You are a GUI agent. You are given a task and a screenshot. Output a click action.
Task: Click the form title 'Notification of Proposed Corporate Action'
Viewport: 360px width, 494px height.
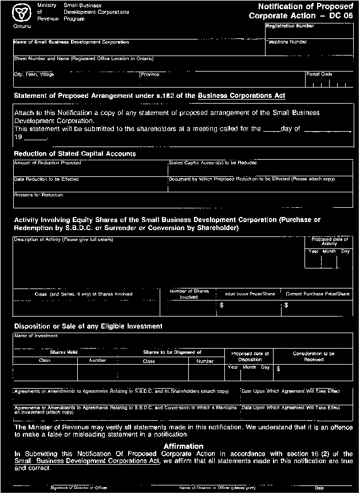(x=301, y=11)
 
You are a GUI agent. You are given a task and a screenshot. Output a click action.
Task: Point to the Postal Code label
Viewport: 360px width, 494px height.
(x=319, y=74)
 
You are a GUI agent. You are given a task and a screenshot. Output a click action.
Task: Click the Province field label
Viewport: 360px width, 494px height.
(x=150, y=74)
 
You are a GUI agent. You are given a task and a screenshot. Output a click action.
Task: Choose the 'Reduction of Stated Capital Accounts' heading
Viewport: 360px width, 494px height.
(x=75, y=154)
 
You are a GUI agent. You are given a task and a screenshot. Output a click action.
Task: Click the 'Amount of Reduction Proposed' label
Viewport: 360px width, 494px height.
(x=48, y=163)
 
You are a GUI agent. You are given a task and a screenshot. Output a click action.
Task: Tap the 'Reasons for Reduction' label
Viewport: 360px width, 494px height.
(x=38, y=195)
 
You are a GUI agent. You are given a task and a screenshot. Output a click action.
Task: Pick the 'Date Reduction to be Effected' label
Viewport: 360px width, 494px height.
(x=46, y=179)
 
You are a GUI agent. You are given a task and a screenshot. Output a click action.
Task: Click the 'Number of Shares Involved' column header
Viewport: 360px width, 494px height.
(x=189, y=294)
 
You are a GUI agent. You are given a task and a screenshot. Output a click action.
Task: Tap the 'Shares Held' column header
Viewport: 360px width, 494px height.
(x=64, y=352)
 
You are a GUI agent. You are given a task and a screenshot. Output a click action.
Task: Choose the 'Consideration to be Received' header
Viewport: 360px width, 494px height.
(x=314, y=357)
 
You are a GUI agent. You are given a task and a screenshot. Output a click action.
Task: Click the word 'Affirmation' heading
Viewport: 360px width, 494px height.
(x=183, y=445)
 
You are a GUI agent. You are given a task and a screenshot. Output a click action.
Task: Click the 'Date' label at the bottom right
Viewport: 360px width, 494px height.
(x=319, y=487)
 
